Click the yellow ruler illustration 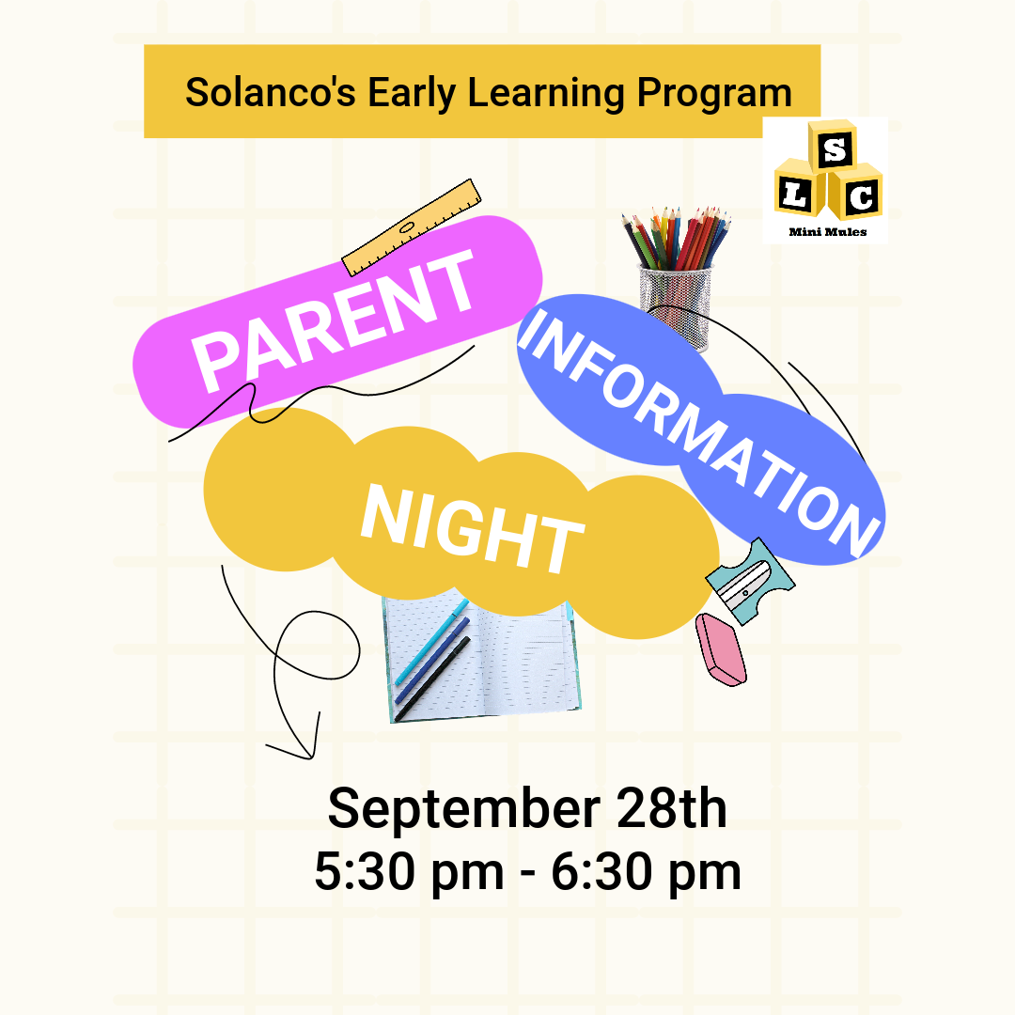coord(412,227)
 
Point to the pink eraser coord(721,649)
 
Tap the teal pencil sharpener coord(750,582)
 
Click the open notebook coord(481,657)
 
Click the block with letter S coord(833,147)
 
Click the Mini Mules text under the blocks coord(827,232)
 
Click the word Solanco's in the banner coord(271,92)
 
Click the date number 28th coord(672,808)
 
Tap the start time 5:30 coord(365,871)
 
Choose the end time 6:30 coord(601,871)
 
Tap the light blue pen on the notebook coord(431,642)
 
